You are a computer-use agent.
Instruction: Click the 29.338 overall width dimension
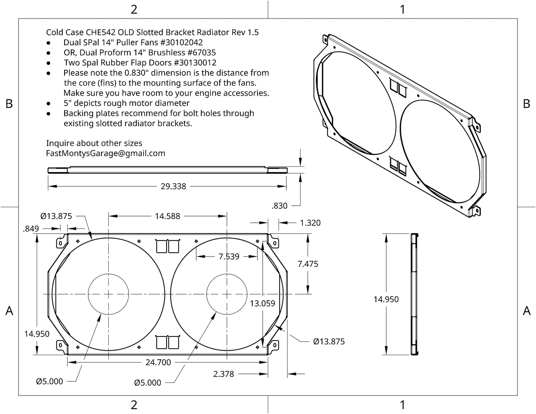coord(173,186)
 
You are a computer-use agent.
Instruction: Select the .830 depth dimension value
coord(279,206)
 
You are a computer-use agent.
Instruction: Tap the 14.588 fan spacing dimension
coord(167,216)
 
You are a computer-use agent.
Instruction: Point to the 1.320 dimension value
coord(310,223)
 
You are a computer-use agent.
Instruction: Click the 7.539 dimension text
coord(229,256)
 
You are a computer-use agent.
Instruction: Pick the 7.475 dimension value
coord(308,264)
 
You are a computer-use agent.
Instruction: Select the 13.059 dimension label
coord(263,304)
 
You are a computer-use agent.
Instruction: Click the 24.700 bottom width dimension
coord(158,362)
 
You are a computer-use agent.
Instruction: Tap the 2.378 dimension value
coord(224,374)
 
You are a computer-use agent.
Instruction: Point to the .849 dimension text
coord(31,229)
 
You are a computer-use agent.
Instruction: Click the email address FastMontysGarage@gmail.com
coord(106,153)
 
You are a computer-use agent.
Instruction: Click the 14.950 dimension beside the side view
coord(386,299)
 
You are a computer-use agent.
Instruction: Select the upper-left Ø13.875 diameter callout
coord(56,216)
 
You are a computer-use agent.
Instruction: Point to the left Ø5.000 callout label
coord(50,381)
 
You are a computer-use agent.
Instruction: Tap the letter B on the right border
coord(526,104)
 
